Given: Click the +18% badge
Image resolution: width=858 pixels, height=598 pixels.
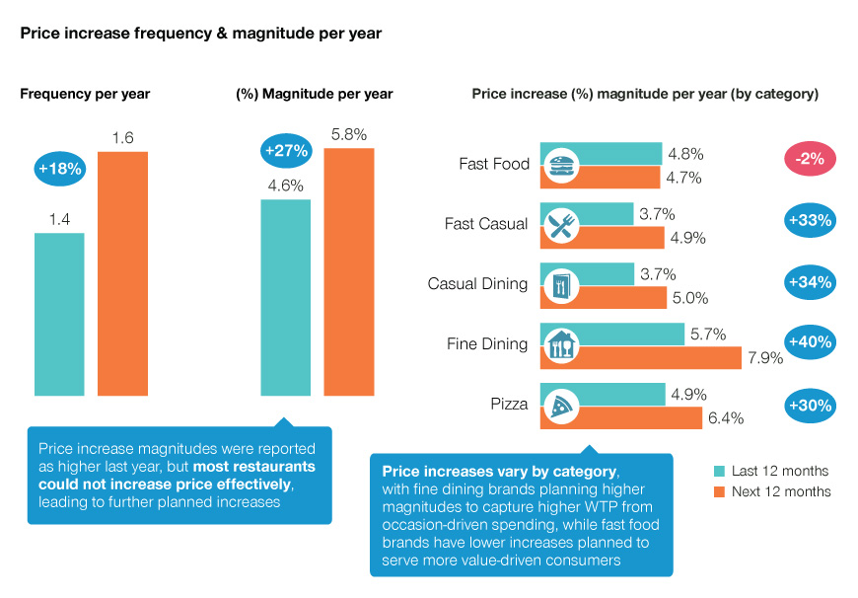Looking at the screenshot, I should (x=61, y=169).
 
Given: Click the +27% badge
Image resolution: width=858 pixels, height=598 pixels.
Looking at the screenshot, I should (x=286, y=151).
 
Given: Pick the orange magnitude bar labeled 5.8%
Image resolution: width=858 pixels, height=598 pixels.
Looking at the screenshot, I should (x=349, y=271).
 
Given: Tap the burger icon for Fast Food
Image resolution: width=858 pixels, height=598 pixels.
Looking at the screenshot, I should (x=561, y=165).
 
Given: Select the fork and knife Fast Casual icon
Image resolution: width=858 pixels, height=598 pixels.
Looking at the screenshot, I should (x=561, y=225).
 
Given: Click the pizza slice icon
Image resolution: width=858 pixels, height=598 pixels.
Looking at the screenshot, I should (x=561, y=405).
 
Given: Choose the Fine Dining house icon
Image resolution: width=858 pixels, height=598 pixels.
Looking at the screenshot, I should (x=561, y=344).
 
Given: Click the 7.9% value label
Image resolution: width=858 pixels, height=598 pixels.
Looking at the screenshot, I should (x=765, y=358).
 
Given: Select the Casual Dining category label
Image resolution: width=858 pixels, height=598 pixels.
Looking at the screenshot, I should (x=478, y=284).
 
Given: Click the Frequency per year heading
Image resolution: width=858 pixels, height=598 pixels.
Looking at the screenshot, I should (x=85, y=94).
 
